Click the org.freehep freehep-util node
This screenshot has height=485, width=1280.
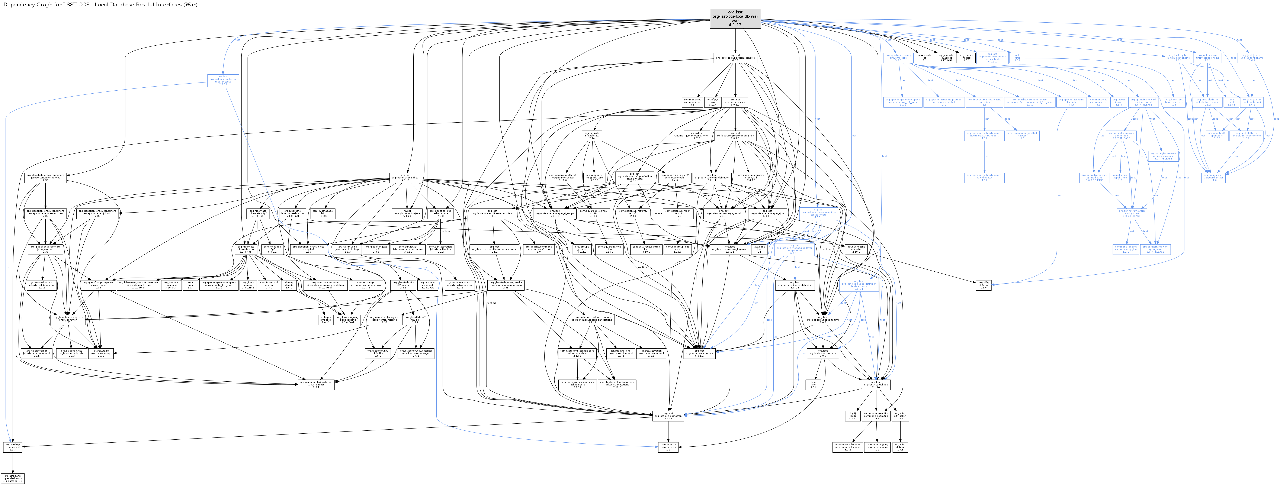pos(12,447)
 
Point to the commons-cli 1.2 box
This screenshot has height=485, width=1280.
pos(668,447)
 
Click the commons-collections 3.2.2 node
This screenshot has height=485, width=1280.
pos(848,447)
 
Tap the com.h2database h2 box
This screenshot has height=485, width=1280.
pos(323,213)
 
